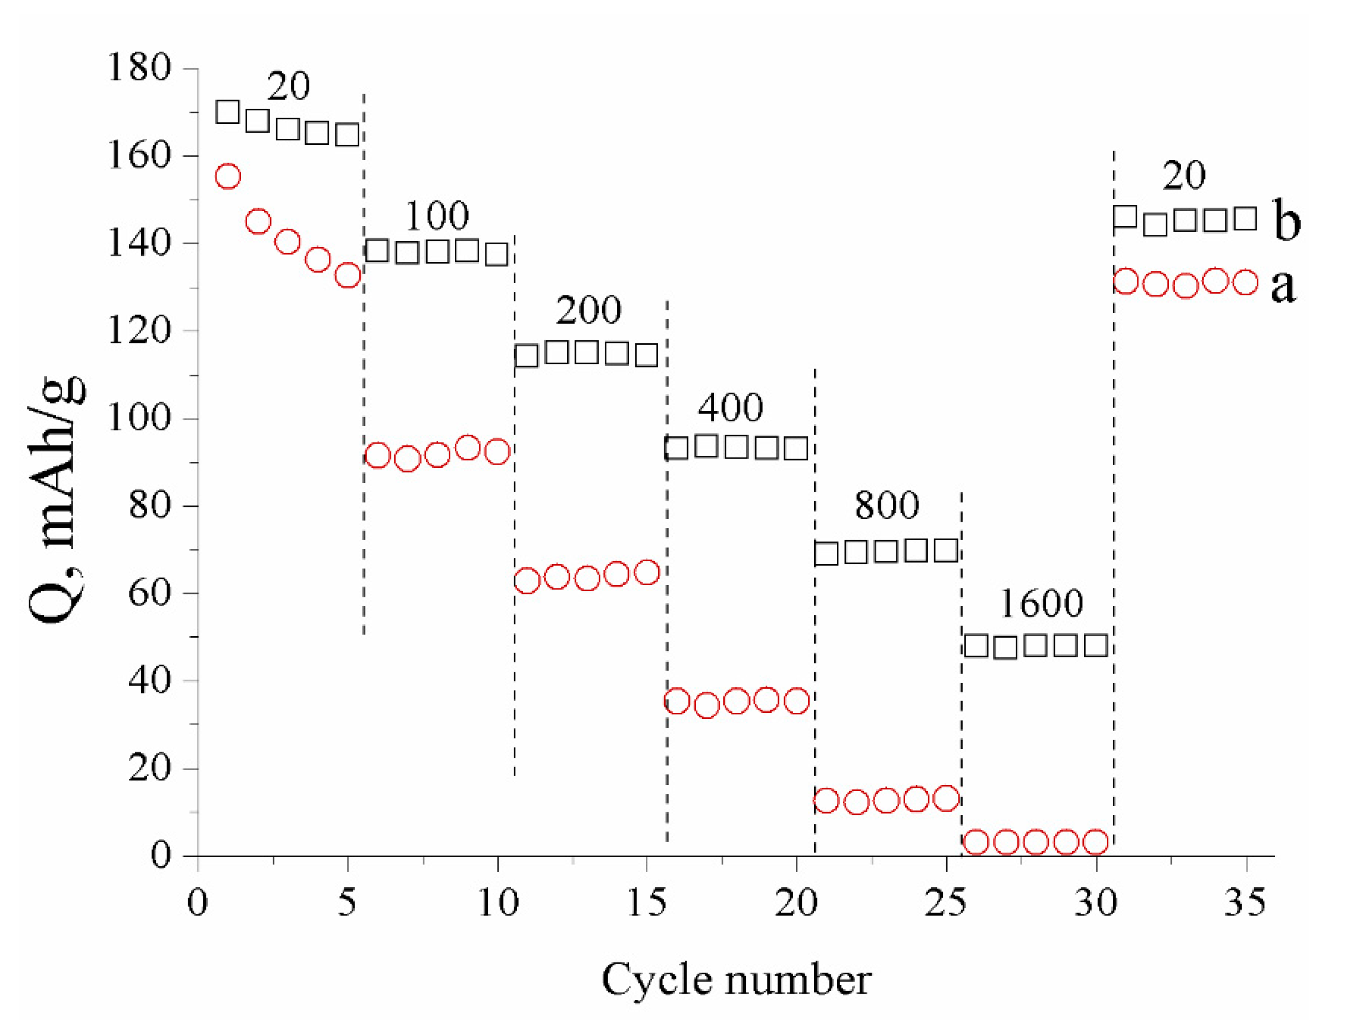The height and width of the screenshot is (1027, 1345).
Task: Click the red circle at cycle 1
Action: (x=228, y=176)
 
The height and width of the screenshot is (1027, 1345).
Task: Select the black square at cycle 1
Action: (x=228, y=113)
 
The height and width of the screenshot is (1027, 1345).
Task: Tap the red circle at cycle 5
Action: (x=348, y=276)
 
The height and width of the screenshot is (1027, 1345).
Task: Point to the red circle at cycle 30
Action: (x=1096, y=842)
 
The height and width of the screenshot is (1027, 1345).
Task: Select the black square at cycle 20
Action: (x=796, y=449)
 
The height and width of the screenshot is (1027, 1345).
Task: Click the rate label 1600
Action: (x=1041, y=603)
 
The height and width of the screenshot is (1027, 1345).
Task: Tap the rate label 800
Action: (x=886, y=506)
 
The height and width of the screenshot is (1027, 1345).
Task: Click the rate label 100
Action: (x=436, y=216)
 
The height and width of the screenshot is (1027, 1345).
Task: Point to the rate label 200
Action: (x=588, y=310)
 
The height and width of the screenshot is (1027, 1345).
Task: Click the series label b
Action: (x=1286, y=220)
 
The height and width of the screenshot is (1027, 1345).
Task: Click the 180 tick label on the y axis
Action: (x=139, y=68)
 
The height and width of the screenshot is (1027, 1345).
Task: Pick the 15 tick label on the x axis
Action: (x=646, y=902)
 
